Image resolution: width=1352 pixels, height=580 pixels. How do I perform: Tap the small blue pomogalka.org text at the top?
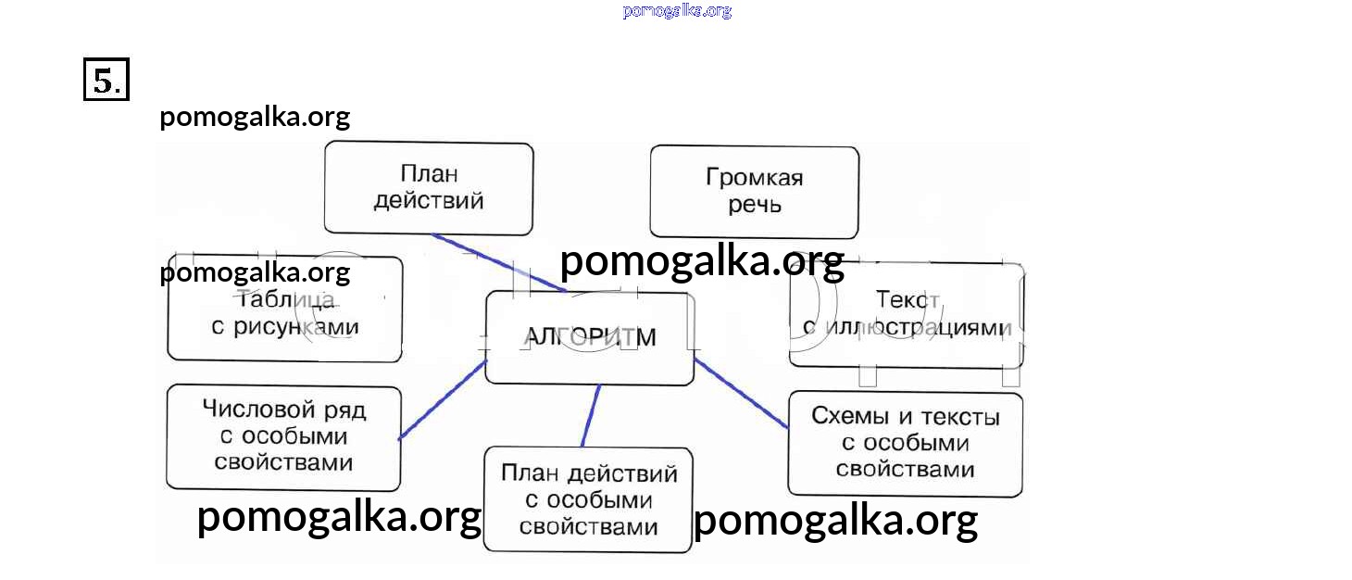pos(677,11)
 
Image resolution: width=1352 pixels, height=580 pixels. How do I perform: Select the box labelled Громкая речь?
pos(754,191)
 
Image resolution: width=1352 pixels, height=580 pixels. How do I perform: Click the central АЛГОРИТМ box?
pos(589,337)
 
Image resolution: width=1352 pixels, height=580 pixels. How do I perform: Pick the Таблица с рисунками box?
pos(284,309)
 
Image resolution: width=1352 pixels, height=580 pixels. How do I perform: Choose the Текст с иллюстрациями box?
pos(906,314)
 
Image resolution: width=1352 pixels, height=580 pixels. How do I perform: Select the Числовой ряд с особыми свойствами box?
pos(283,437)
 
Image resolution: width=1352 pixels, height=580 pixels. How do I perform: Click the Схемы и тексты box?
pos(905,443)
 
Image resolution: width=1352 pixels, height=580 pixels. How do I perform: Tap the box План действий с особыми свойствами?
pos(588,500)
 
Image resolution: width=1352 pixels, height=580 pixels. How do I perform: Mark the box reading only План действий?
pos(428,187)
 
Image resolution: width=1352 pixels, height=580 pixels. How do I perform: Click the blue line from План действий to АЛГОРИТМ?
pos(500,263)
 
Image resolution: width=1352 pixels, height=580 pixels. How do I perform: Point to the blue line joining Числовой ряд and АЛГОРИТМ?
pos(443,399)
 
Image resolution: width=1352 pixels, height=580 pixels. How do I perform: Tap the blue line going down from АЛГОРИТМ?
pos(590,416)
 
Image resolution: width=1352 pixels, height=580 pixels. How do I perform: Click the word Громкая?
pos(754,178)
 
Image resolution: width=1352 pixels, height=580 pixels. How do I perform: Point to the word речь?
pos(754,205)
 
